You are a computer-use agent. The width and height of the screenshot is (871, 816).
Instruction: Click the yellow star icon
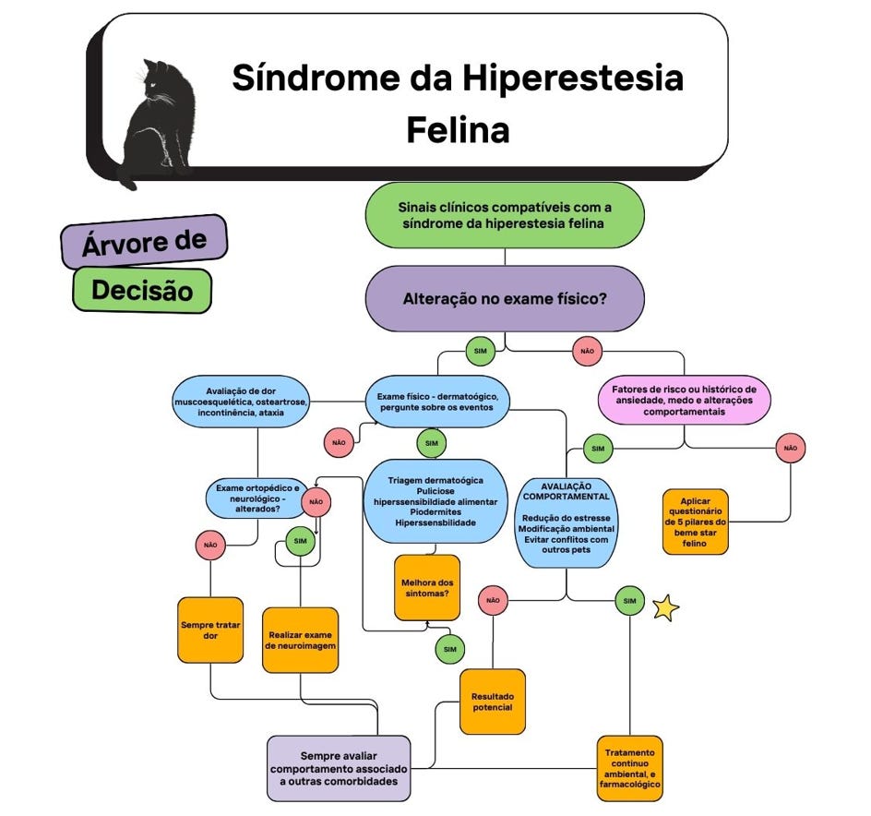point(665,607)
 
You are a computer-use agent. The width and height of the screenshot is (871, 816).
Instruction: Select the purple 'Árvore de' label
point(144,242)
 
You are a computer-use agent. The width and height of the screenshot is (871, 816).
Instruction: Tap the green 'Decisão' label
point(142,291)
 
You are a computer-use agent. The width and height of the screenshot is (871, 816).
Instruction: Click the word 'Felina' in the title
point(458,129)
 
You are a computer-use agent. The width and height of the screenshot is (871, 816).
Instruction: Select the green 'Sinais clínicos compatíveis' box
point(504,215)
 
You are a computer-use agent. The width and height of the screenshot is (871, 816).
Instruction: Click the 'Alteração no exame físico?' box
point(504,299)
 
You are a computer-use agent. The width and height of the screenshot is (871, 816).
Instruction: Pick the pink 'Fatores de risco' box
point(685,399)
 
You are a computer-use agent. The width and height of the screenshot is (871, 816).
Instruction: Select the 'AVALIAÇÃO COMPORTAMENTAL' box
point(567,522)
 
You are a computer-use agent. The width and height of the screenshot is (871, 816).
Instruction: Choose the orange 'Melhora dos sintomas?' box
point(426,588)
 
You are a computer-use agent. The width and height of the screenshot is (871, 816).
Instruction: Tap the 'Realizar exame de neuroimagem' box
point(301,640)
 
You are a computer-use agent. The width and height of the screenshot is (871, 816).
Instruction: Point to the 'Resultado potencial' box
point(493,702)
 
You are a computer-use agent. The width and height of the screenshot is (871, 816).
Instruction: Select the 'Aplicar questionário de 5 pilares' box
point(695,522)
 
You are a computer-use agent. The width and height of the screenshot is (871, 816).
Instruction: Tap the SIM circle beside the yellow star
point(629,601)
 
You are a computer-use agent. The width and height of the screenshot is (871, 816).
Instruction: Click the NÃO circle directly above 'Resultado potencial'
point(493,601)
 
